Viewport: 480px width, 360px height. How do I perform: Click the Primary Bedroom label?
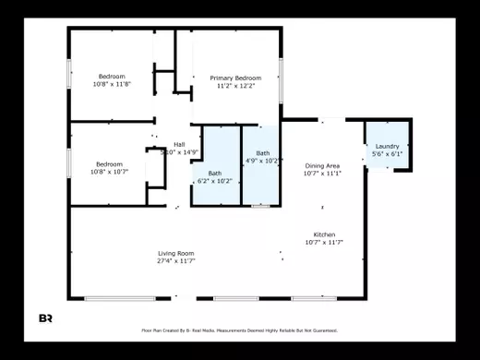pos(235,78)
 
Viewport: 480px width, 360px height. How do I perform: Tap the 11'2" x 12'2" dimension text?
pos(235,86)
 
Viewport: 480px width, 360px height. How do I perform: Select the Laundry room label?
pos(387,146)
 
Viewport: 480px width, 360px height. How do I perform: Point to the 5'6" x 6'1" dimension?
pos(387,154)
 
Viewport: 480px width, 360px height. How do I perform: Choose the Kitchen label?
pos(324,234)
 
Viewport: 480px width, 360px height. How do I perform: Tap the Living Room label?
pos(174,253)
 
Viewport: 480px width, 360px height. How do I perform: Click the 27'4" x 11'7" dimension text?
pos(174,261)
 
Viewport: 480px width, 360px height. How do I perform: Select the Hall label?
pos(179,144)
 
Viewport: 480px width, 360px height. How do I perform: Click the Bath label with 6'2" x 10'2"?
pos(214,173)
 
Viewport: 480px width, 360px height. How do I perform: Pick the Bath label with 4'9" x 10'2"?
pos(263,153)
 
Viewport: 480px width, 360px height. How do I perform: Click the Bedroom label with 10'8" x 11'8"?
pos(112,76)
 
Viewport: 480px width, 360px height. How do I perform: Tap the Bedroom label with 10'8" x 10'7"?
pos(110,163)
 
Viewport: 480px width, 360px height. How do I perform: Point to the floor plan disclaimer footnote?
pos(239,330)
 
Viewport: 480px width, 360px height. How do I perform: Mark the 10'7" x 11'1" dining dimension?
pos(322,174)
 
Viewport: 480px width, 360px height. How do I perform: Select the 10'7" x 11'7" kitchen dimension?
pos(324,243)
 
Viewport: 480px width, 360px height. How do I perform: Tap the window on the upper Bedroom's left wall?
pos(69,73)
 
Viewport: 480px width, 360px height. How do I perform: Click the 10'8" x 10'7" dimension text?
pos(110,172)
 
